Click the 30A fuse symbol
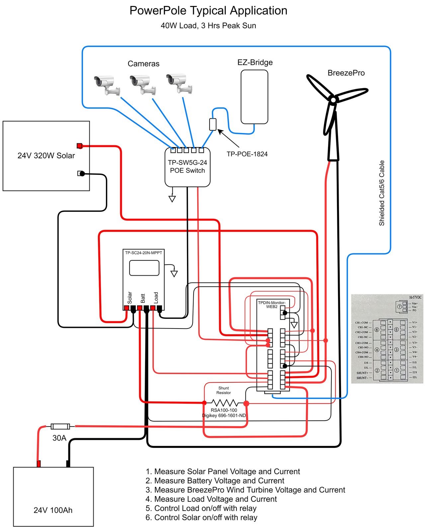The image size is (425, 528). pyautogui.click(x=60, y=426)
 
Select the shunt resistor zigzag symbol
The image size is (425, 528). pyautogui.click(x=225, y=403)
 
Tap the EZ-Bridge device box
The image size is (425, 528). pyautogui.click(x=254, y=97)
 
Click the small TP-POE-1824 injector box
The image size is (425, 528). pyautogui.click(x=213, y=124)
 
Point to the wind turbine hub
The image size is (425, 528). pyautogui.click(x=333, y=99)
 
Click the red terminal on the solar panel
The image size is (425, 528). pyautogui.click(x=79, y=146)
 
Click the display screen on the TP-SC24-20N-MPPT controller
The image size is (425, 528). pyautogui.click(x=144, y=268)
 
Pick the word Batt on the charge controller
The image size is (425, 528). pyautogui.click(x=143, y=298)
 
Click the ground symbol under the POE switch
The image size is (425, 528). pyautogui.click(x=172, y=198)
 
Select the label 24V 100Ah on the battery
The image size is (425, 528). pyautogui.click(x=53, y=510)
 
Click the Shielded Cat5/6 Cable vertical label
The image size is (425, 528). pyautogui.click(x=382, y=193)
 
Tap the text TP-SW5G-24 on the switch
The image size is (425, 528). pyautogui.click(x=187, y=163)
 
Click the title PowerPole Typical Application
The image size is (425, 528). pyautogui.click(x=208, y=11)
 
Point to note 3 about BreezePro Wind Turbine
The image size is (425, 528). pyautogui.click(x=245, y=490)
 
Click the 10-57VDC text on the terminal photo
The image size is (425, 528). pyautogui.click(x=415, y=297)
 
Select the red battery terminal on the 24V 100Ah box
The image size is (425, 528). pyautogui.click(x=39, y=463)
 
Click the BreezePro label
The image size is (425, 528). pyautogui.click(x=346, y=73)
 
